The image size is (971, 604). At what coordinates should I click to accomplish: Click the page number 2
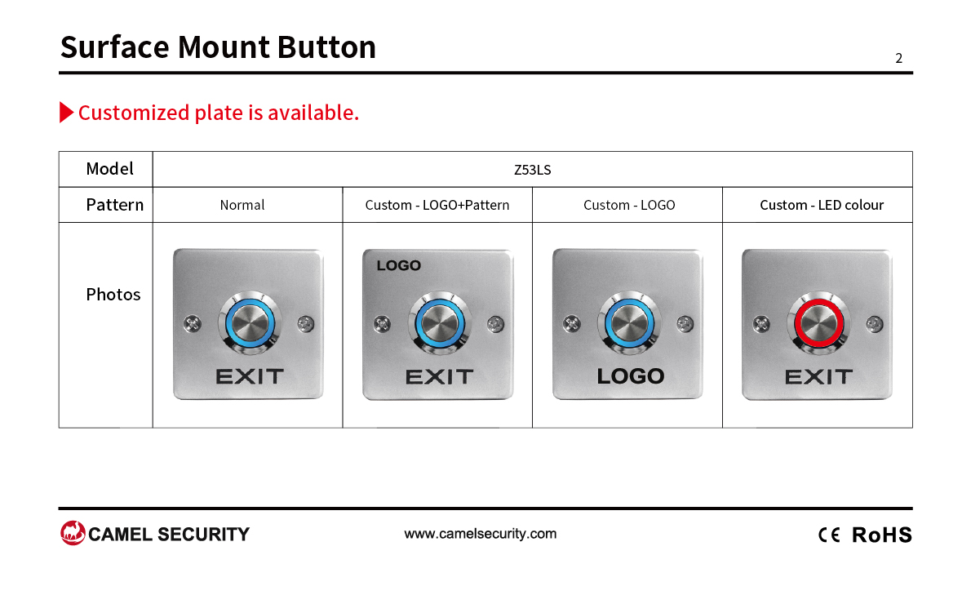point(898,58)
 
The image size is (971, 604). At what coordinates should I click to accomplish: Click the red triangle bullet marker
point(66,112)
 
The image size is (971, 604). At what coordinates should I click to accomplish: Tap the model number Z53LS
point(533,170)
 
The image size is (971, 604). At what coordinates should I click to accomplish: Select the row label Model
point(109,168)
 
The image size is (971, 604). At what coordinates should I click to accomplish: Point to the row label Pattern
point(114,204)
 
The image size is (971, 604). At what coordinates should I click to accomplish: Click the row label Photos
point(113,295)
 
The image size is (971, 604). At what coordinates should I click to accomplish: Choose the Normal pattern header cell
point(242,205)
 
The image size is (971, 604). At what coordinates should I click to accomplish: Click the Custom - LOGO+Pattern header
point(437,205)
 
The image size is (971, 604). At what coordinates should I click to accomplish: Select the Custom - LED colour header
point(822,205)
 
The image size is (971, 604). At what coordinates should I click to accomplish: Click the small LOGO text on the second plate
point(399,265)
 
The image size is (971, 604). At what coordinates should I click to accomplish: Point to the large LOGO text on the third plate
point(631,376)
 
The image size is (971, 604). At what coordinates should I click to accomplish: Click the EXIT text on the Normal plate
point(250,376)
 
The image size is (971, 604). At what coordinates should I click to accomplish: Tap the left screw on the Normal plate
point(193,323)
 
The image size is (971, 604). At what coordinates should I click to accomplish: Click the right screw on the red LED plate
point(875,323)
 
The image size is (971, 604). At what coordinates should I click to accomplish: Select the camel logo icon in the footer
point(73,533)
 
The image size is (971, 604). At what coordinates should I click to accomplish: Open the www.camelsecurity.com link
point(481,533)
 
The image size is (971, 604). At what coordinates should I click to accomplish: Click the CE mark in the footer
point(829,535)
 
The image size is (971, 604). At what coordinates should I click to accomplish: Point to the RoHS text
point(882,535)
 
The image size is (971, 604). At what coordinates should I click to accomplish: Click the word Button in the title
point(326,47)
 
